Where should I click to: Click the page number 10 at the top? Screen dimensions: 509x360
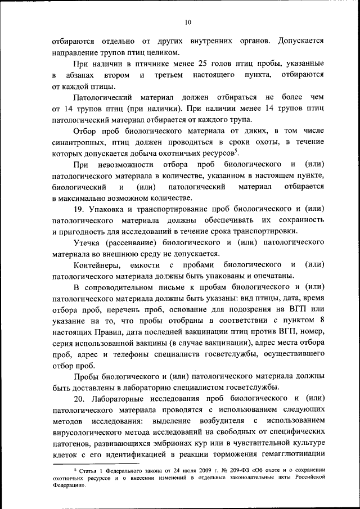[188, 22]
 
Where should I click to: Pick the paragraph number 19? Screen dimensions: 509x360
[79, 209]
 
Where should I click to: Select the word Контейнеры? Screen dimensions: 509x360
[96, 264]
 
